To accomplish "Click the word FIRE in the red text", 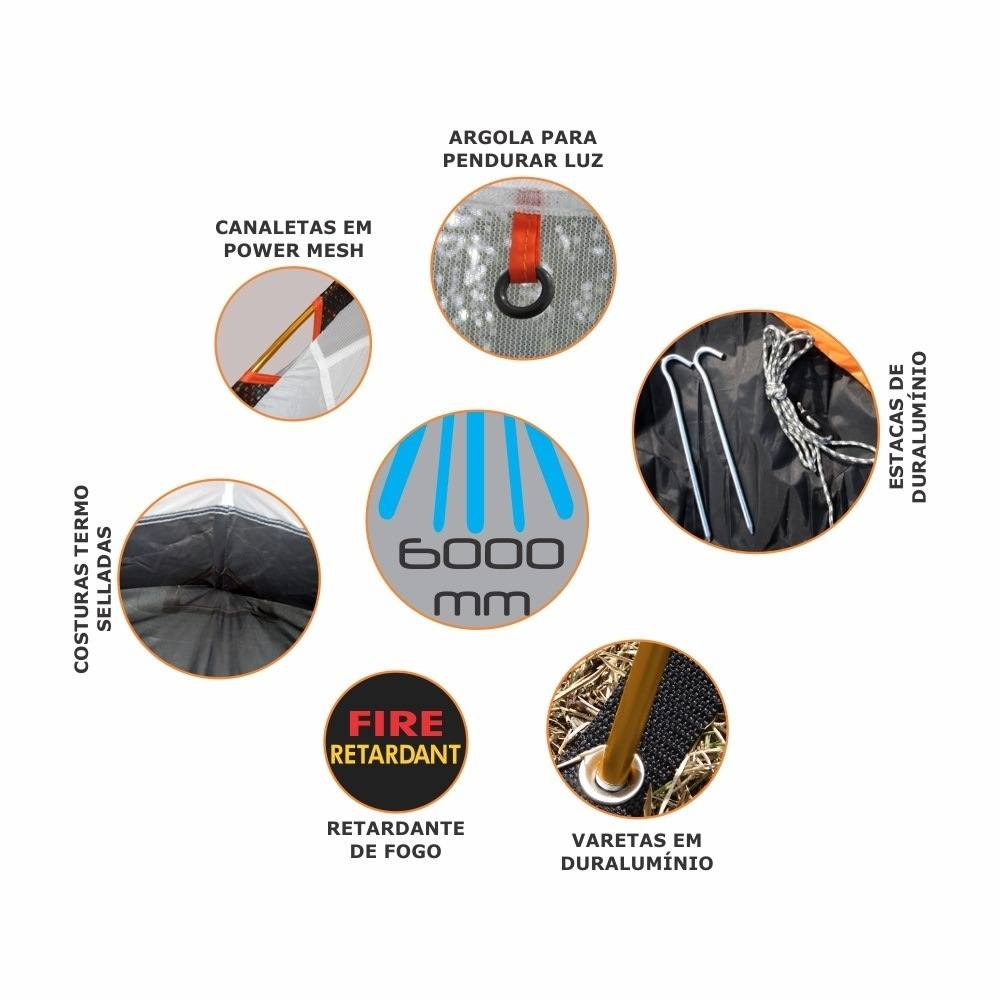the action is tap(395, 723).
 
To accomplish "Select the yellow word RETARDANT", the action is tap(395, 754).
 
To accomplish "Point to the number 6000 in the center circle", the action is tap(481, 554).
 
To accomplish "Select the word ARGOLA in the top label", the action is tap(486, 137).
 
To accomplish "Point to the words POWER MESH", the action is tap(293, 250).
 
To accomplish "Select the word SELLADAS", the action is tap(104, 579).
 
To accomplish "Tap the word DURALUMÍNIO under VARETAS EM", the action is tap(637, 863).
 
